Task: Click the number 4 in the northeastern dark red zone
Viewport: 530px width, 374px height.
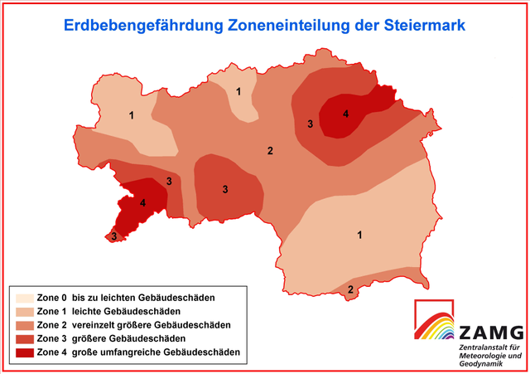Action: [346, 114]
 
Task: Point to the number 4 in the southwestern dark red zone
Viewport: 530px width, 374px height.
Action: [142, 202]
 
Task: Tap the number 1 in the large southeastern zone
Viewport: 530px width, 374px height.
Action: [359, 236]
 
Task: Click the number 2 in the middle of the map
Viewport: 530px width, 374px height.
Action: [269, 150]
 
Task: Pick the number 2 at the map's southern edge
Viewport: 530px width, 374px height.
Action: [351, 289]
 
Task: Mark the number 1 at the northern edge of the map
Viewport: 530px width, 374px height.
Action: [238, 91]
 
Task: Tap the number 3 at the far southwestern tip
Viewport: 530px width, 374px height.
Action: [114, 237]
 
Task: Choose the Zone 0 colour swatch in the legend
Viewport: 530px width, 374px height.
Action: [25, 297]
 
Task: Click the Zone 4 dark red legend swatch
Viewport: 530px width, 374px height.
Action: [25, 353]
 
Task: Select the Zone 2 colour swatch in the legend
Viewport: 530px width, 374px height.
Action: [25, 325]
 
